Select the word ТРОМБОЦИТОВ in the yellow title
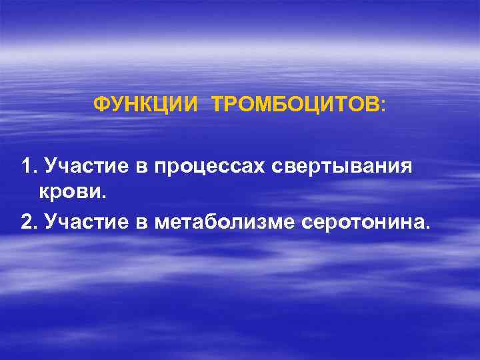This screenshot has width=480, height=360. coord(295,105)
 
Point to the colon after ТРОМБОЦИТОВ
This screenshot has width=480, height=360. coord(382,106)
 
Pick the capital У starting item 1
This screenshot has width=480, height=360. coord(49,167)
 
